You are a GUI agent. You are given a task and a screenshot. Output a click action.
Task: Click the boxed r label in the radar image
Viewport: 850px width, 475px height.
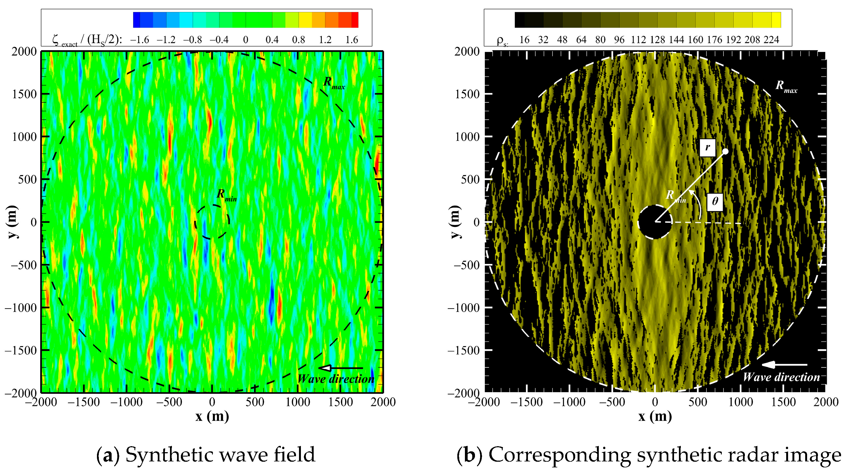[707, 148]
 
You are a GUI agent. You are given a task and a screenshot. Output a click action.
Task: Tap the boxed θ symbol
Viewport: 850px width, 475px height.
[715, 201]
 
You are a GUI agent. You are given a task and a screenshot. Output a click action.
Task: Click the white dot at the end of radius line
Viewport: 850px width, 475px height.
[725, 152]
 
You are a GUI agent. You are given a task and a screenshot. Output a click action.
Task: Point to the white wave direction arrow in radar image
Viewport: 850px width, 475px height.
[784, 364]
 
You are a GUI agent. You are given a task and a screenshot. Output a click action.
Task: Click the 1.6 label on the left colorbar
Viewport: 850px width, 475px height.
[351, 40]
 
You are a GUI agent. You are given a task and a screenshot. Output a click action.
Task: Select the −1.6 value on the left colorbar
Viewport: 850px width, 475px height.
[140, 40]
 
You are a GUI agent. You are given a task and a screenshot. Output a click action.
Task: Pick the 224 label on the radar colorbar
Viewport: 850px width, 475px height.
[771, 40]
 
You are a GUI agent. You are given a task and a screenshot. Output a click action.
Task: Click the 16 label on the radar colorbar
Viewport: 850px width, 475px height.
[524, 40]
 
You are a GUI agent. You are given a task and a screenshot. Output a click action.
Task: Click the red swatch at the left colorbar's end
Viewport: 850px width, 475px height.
[355, 20]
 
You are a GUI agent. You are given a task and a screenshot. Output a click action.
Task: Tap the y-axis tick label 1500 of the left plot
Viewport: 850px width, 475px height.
[24, 94]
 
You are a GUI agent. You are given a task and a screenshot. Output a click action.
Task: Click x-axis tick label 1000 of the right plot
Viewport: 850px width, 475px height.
[741, 402]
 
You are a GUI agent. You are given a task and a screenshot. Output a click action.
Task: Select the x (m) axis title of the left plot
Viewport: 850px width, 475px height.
[212, 417]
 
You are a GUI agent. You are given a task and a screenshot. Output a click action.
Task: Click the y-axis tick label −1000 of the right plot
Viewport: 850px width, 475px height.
[463, 308]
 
